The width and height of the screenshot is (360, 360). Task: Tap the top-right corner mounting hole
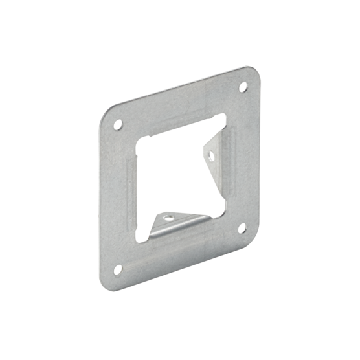[243, 86]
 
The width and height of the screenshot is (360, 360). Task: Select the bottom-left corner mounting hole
[118, 269]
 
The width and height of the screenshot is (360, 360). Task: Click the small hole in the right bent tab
[210, 155]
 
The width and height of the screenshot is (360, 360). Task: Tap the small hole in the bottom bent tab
[168, 219]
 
